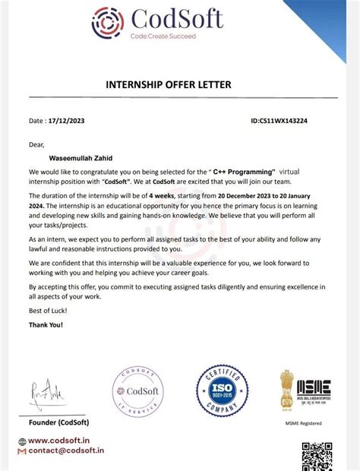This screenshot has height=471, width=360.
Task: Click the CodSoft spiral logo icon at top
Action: [107, 22]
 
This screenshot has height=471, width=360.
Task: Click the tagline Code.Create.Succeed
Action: [163, 36]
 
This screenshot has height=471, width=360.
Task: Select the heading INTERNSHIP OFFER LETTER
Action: [179, 84]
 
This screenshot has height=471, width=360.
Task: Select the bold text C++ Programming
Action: [243, 172]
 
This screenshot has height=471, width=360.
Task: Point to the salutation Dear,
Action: [37, 144]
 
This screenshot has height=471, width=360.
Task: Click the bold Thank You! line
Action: [46, 324]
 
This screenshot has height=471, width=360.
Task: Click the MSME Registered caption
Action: [303, 423]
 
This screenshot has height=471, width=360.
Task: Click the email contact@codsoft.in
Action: [66, 451]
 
